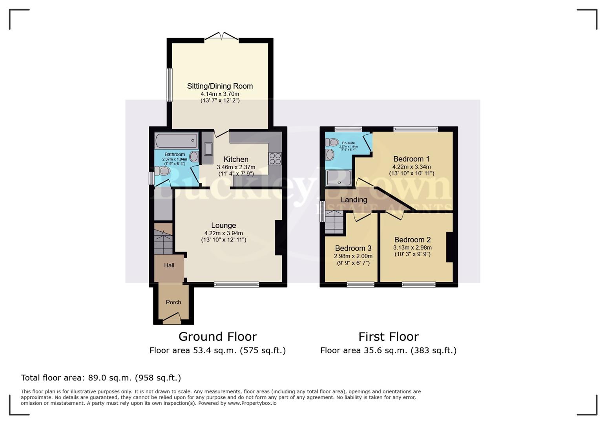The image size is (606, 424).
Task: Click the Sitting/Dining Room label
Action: pyautogui.click(x=220, y=86)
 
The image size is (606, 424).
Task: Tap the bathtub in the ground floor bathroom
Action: pyautogui.click(x=176, y=140)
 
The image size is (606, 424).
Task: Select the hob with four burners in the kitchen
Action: pyautogui.click(x=275, y=158)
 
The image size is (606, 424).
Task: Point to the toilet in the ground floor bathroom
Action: pyautogui.click(x=162, y=171)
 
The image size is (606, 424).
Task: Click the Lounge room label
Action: pyautogui.click(x=223, y=225)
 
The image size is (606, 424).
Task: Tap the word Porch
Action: pyautogui.click(x=173, y=302)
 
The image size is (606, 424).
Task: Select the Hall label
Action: pyautogui.click(x=169, y=265)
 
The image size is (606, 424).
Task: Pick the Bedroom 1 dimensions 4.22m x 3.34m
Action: pyautogui.click(x=411, y=166)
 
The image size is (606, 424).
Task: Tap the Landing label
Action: pyautogui.click(x=354, y=200)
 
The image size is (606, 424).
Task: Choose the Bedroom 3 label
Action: pyautogui.click(x=353, y=248)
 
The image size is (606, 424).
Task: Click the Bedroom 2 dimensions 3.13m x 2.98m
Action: pyautogui.click(x=412, y=247)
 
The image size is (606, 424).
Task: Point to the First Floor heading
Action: pyautogui.click(x=388, y=337)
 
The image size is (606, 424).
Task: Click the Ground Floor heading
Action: pyautogui.click(x=217, y=337)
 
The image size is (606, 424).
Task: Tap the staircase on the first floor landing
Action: pyautogui.click(x=334, y=222)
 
